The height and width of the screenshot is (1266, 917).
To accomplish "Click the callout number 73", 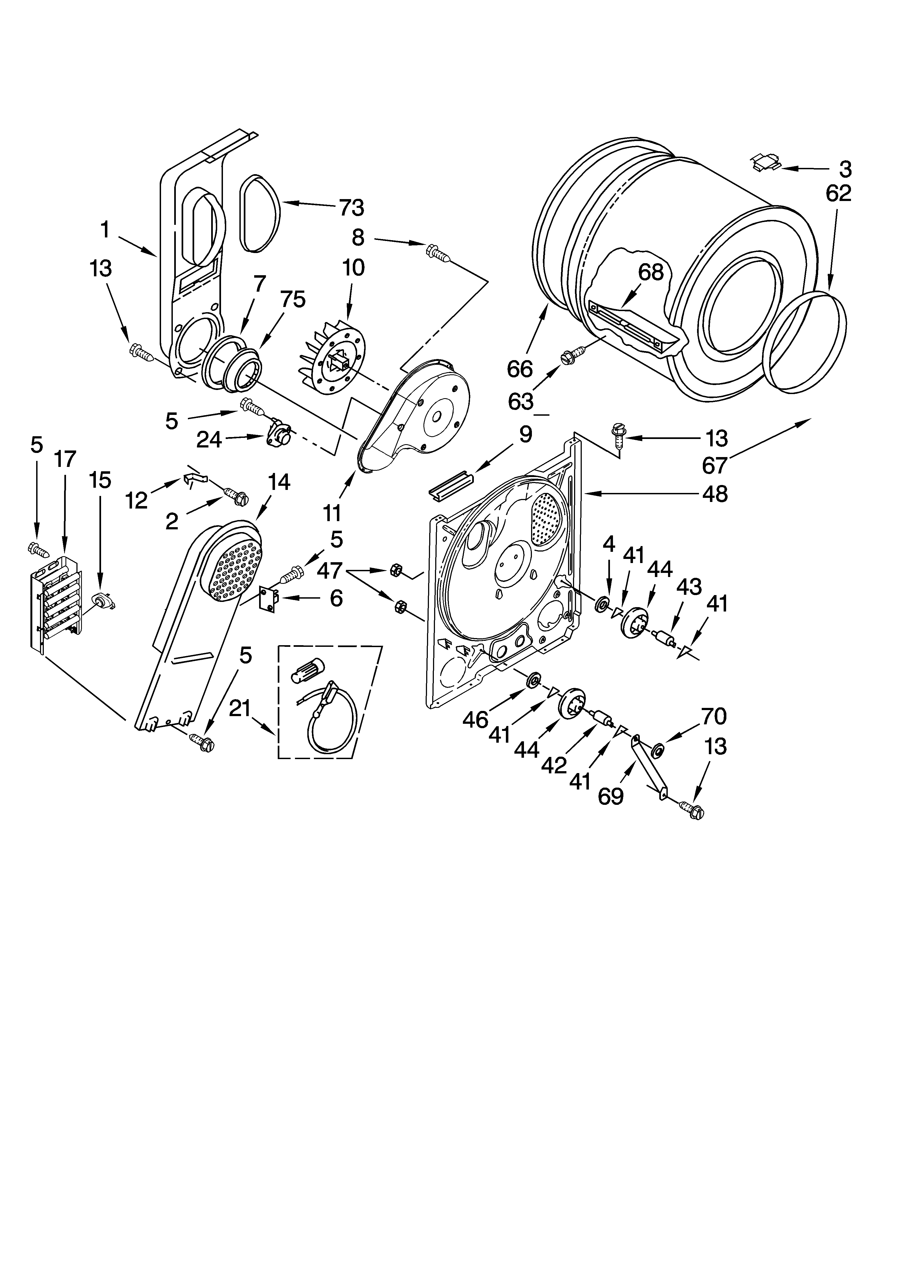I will coord(351,208).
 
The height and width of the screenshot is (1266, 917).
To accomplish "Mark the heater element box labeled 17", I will coord(56,603).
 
